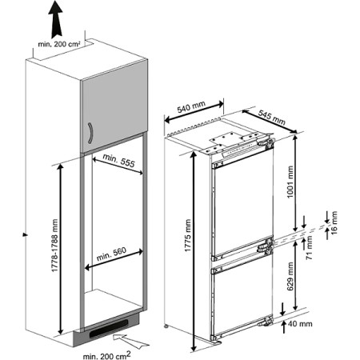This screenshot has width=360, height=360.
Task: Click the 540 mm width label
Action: tap(191, 106)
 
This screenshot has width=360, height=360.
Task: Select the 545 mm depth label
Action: tap(272, 118)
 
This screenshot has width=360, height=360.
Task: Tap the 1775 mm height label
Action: tap(188, 235)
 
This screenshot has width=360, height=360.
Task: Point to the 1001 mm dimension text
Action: tap(290, 182)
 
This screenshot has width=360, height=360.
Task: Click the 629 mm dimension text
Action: tap(290, 276)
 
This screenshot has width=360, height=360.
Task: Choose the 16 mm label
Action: tap(334, 222)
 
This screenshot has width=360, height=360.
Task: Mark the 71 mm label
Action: tap(309, 248)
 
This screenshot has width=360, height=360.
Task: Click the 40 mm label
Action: tap(300, 323)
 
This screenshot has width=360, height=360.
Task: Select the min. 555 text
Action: tap(118, 160)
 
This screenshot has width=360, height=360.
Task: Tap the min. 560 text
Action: tap(111, 254)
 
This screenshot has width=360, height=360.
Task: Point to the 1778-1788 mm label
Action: tap(54, 246)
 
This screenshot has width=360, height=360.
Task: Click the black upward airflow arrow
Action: tap(55, 19)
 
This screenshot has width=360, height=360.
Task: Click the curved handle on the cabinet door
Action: tap(90, 133)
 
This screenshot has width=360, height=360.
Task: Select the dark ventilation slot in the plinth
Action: tap(109, 329)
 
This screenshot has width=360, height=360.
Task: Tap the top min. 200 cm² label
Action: tap(59, 44)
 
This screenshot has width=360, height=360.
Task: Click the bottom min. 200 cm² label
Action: tap(107, 355)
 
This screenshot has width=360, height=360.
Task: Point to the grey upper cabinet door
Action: tap(114, 106)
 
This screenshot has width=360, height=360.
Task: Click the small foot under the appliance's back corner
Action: tap(166, 326)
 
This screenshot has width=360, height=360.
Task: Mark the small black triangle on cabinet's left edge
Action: tap(25, 234)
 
